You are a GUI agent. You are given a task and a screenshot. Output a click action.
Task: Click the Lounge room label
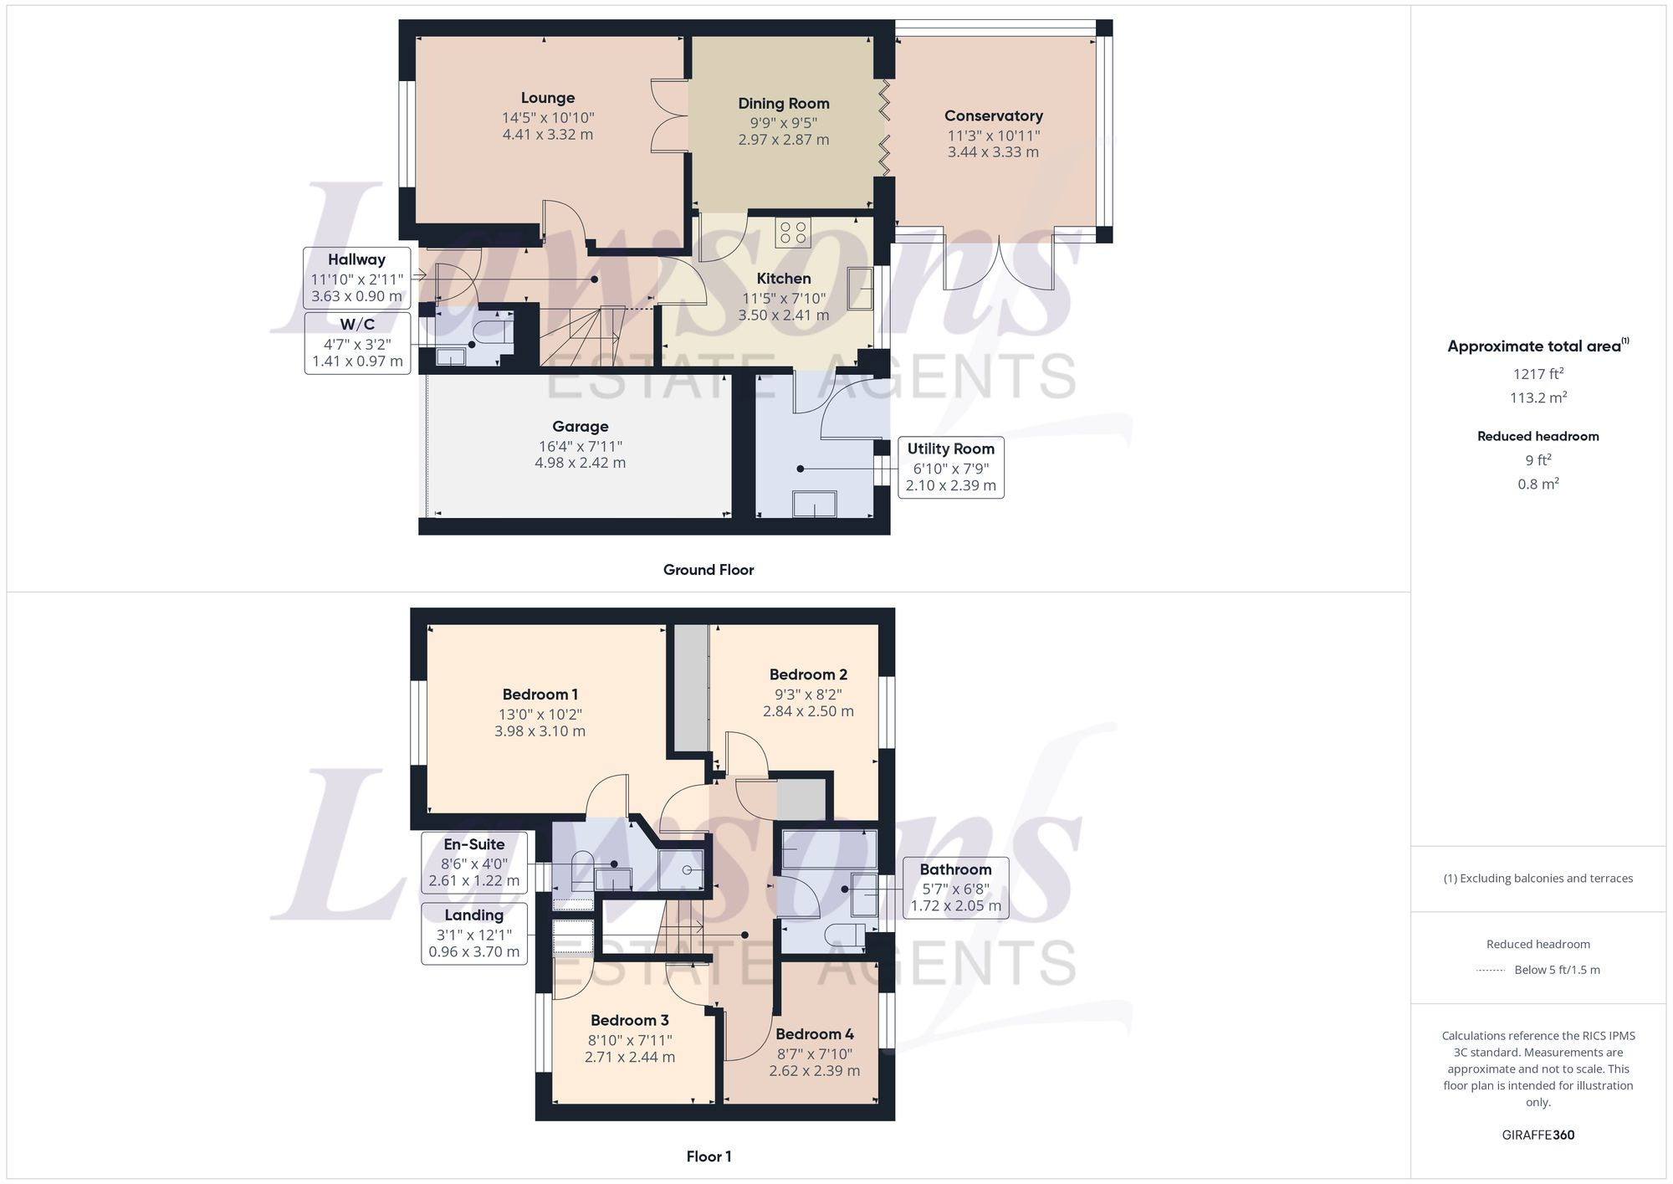[547, 98]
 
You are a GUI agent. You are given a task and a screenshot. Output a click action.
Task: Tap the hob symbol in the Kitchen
[792, 233]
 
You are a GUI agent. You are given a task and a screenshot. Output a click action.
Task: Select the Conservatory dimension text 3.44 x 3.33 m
[993, 152]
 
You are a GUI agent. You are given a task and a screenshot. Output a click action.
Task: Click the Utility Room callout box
[950, 467]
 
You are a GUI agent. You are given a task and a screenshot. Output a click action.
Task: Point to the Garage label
[580, 427]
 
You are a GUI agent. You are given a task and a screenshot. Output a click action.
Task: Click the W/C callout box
[357, 343]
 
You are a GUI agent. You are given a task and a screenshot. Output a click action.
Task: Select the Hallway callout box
[357, 278]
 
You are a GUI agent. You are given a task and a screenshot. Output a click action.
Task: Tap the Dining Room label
[783, 104]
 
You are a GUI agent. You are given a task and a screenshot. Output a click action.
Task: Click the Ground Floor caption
[709, 570]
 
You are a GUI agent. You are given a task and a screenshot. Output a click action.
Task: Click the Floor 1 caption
[709, 1156]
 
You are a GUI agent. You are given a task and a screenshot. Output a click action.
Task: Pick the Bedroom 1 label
[540, 695]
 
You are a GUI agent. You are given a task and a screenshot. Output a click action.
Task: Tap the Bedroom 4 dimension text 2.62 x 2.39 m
[814, 1071]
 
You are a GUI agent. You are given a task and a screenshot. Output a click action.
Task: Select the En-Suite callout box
[474, 863]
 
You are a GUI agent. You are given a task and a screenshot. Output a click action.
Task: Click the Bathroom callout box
[955, 888]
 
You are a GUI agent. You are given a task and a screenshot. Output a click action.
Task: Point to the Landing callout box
[474, 933]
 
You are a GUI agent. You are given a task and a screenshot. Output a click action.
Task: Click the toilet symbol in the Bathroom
[845, 935]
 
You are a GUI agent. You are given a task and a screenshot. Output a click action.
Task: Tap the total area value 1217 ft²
[1537, 374]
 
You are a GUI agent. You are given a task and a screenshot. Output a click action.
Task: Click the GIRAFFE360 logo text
[1537, 1135]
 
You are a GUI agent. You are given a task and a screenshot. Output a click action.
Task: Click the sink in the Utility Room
[814, 504]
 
